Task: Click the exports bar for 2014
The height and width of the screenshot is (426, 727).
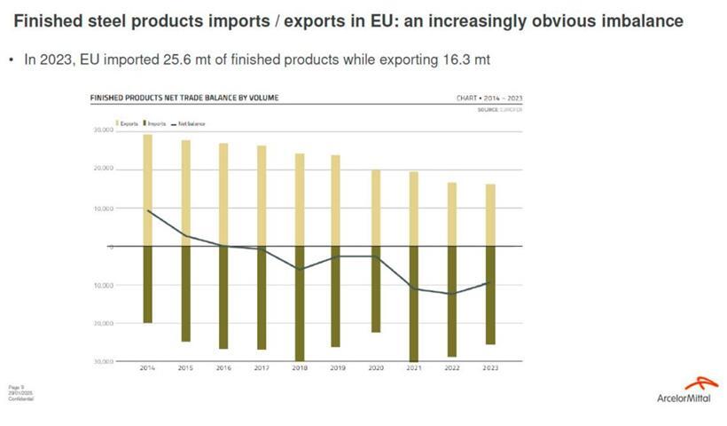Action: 148,190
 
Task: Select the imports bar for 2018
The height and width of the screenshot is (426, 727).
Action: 300,303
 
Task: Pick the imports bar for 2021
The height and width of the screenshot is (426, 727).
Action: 414,303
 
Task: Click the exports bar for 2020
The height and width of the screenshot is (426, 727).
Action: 376,208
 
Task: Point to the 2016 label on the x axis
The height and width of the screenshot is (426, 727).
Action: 223,367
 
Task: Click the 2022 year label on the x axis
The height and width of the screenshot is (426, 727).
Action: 452,367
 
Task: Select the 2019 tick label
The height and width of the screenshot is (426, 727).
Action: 338,367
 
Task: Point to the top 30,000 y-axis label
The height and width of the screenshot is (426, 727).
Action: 103,130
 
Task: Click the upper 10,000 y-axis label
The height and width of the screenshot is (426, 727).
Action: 103,209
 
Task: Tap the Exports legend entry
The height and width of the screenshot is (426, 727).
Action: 127,123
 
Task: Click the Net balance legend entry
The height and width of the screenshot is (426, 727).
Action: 190,123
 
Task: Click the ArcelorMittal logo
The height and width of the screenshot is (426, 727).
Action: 687,390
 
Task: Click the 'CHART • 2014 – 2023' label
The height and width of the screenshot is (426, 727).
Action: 489,98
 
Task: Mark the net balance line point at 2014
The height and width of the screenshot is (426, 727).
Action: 148,210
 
